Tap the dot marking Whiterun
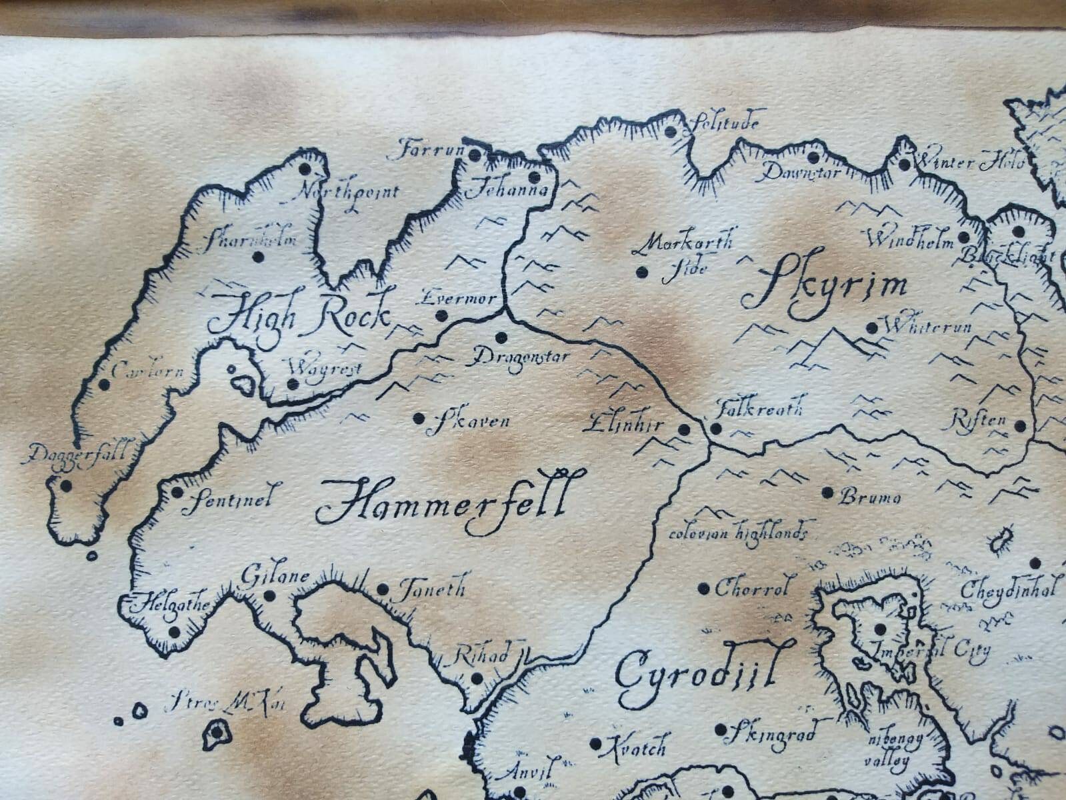click(872, 327)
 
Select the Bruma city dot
click(828, 493)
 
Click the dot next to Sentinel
click(177, 493)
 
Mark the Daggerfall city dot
click(65, 485)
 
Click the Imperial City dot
click(880, 628)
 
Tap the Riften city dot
click(1020, 425)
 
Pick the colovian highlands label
click(739, 533)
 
